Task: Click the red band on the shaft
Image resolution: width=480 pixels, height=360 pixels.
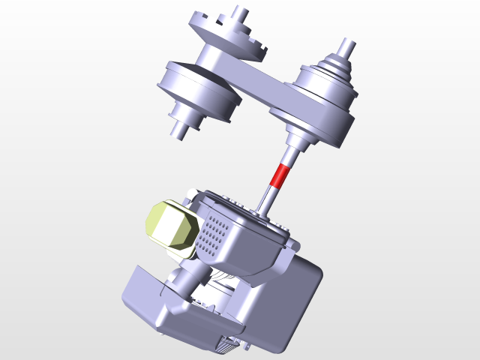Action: pos(279,175)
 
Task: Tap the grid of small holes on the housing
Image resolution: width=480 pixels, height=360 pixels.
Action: pos(214,232)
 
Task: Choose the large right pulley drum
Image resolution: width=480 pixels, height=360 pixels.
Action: pos(319,109)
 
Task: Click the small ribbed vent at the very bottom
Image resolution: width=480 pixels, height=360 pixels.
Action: pos(229,344)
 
